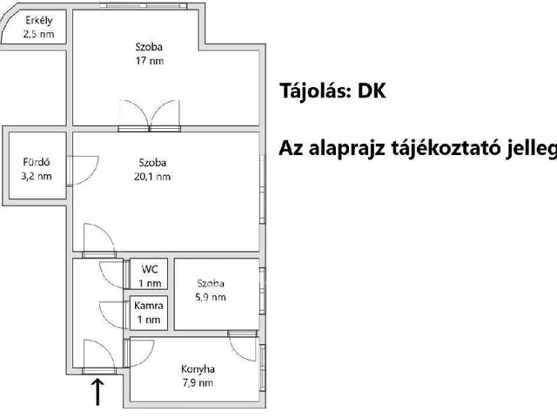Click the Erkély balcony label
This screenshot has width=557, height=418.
point(29,21)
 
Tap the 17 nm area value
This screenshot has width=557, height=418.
point(149,61)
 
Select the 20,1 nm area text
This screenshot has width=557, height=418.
point(152,176)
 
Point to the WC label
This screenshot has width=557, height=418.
point(150,268)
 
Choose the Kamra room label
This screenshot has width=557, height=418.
point(149,306)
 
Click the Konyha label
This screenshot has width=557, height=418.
point(198,368)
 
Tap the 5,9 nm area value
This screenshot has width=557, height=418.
point(211,297)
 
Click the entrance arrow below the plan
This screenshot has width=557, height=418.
point(96,392)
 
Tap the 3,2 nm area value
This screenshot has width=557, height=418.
point(36,176)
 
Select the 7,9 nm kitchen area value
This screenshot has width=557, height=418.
point(198,382)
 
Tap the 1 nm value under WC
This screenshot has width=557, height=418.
point(150,283)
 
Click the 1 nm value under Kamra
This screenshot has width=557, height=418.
point(149,320)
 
